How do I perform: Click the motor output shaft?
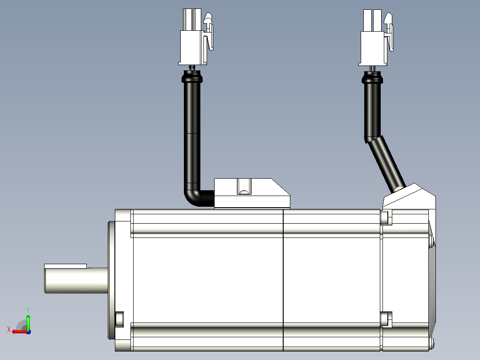pyautogui.click(x=76, y=280)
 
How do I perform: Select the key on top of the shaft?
pyautogui.click(x=65, y=266)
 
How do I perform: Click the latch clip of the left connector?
pyautogui.click(x=209, y=31)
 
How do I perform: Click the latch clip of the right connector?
pyautogui.click(x=389, y=31)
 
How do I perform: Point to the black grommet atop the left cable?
pyautogui.click(x=192, y=77)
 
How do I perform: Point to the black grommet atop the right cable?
pyautogui.click(x=372, y=78)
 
